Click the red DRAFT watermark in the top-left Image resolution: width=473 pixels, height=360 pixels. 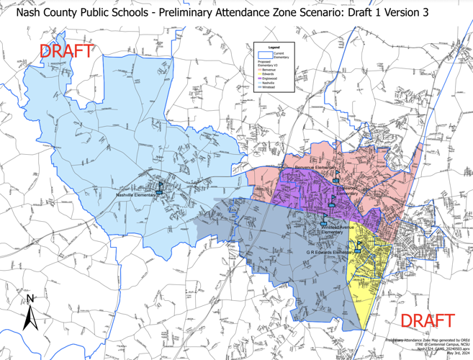tap(66, 51)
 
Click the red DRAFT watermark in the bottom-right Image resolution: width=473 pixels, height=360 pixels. tap(427, 320)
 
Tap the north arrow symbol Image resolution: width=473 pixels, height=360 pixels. tap(30, 313)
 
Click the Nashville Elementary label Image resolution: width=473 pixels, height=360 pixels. tap(135, 194)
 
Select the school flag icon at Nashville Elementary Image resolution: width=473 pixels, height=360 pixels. tap(161, 188)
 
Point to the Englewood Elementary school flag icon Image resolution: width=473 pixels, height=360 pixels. tap(336, 180)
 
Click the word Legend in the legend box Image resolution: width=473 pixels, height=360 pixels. tap(274, 47)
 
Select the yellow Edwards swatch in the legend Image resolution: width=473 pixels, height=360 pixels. tap(259, 74)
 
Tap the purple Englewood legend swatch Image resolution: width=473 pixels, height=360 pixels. tap(259, 78)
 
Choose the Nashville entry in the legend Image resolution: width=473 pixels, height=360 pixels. tap(267, 83)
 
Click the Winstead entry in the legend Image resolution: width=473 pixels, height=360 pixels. tap(268, 87)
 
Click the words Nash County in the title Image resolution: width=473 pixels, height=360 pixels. tap(50, 12)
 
